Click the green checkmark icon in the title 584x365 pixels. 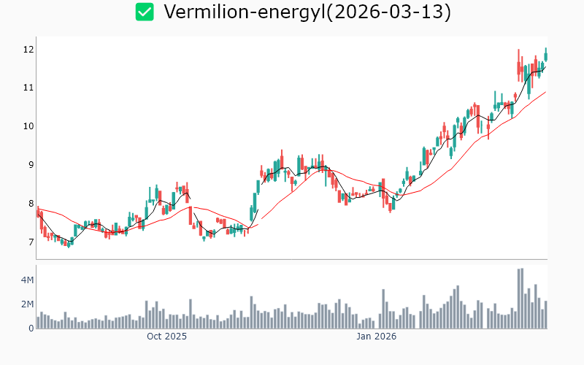click(145, 12)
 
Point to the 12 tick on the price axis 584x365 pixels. click(28, 49)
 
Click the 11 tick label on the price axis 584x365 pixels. click(28, 88)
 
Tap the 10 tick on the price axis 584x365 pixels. click(28, 126)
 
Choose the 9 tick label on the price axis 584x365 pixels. click(30, 165)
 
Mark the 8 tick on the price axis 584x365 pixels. click(30, 204)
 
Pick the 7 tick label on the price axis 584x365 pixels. click(30, 242)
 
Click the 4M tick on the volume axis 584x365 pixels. click(27, 280)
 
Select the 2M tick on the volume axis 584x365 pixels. click(27, 304)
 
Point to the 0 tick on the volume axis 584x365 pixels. click(31, 328)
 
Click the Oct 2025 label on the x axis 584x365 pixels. click(166, 337)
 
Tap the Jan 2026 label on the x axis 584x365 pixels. click(376, 337)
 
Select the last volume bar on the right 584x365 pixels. click(545, 315)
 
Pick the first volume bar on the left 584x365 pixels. click(38, 322)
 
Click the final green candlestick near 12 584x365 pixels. click(545, 55)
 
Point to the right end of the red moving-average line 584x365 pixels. click(546, 92)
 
